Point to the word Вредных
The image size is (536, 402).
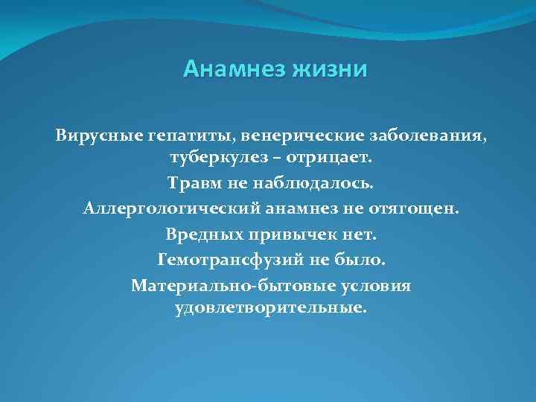[200, 234]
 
